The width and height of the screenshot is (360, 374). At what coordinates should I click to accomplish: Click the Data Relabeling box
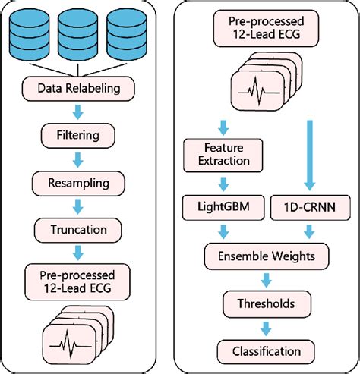(x=79, y=88)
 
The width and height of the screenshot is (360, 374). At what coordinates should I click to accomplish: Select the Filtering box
(x=79, y=137)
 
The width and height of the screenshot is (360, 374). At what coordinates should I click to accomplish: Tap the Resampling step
(x=79, y=182)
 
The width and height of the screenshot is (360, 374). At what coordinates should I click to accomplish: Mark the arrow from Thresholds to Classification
(x=265, y=327)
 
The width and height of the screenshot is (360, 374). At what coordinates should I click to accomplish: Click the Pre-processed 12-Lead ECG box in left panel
(x=79, y=278)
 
